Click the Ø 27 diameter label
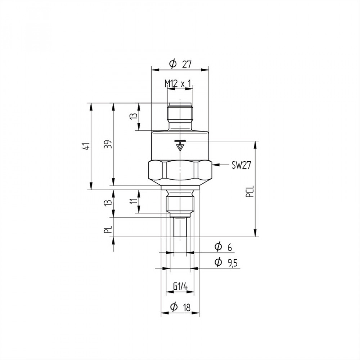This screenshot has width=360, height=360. (180, 64)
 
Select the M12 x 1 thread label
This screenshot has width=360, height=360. (178, 84)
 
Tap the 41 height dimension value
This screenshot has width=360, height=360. (86, 146)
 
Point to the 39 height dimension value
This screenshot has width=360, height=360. (109, 144)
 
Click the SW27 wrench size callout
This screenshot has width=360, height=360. (241, 165)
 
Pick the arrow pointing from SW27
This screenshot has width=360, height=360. (220, 165)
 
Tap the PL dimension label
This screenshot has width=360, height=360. (108, 229)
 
